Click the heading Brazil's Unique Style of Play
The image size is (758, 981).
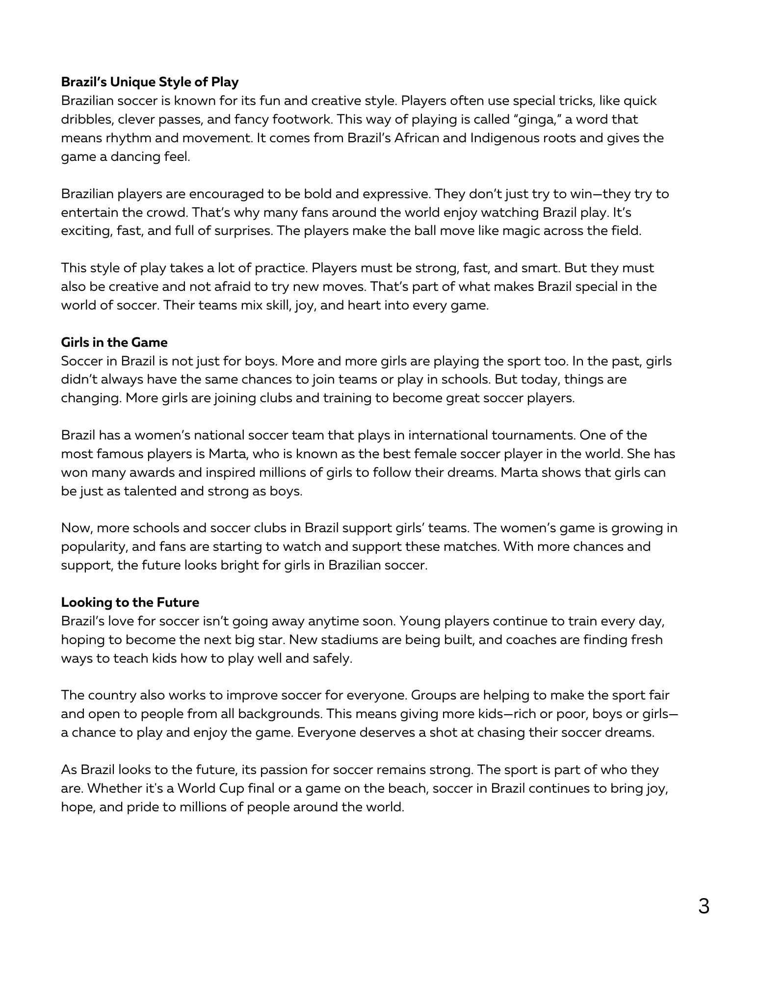(150, 82)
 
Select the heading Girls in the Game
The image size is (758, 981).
(114, 342)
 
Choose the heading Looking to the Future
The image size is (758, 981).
(130, 602)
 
